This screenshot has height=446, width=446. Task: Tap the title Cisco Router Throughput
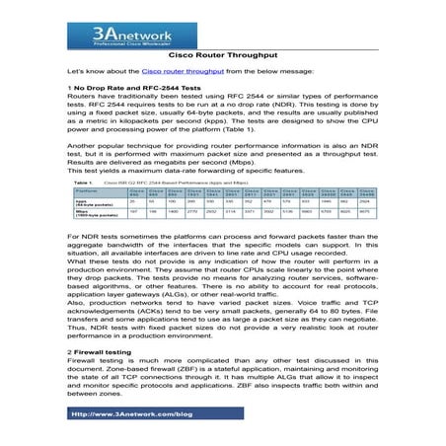tap(222, 54)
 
